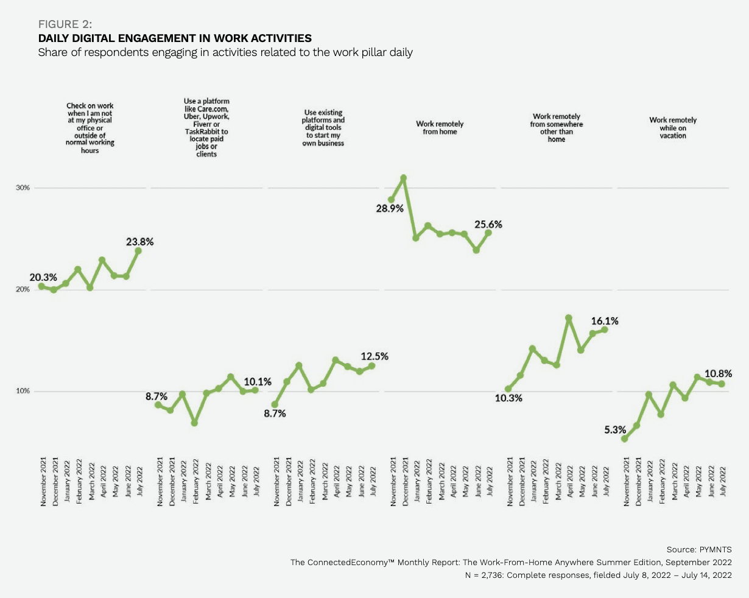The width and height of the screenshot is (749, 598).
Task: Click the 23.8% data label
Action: point(140,242)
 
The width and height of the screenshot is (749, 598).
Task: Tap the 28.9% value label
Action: point(390,208)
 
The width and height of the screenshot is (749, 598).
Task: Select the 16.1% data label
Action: point(605,320)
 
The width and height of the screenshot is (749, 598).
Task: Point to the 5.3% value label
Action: point(615,429)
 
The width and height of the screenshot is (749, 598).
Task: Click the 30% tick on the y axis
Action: point(23,188)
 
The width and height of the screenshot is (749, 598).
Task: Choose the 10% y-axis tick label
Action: point(23,391)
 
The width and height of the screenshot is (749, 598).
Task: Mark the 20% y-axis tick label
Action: point(23,289)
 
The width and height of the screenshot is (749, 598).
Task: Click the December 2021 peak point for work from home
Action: point(403,178)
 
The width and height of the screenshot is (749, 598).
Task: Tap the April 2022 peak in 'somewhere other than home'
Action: point(569,318)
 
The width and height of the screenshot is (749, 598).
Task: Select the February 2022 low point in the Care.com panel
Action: point(194,423)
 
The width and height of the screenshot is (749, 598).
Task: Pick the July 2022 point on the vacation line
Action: point(722,384)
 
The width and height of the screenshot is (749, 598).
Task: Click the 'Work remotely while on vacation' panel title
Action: point(673,128)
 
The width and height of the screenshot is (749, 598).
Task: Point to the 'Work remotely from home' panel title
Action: point(440,127)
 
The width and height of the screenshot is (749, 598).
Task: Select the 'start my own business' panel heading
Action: point(323,128)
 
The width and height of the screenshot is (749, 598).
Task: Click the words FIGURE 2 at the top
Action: point(65,24)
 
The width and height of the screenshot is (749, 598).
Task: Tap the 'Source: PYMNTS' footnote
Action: point(699,549)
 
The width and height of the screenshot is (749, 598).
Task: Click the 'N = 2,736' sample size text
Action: point(597,575)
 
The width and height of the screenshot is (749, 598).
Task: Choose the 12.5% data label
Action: point(374,356)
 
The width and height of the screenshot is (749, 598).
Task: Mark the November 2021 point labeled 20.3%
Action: point(41,286)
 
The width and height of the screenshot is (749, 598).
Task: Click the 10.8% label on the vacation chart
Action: point(719,373)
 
